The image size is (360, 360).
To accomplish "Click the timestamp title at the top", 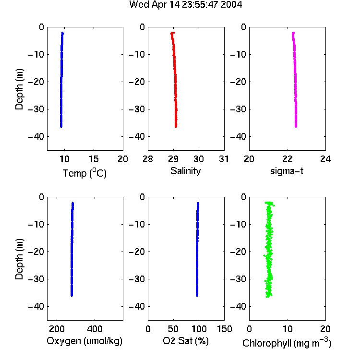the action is [x=185, y=4].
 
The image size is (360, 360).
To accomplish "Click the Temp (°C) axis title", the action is [x=84, y=173].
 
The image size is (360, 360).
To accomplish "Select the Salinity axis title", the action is [x=185, y=171].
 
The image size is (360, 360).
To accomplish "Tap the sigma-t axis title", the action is [x=287, y=171].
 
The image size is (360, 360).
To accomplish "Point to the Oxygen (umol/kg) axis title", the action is [x=84, y=341].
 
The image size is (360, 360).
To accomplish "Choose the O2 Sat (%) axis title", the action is [x=186, y=341].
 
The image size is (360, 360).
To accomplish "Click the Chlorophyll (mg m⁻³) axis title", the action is [x=287, y=343].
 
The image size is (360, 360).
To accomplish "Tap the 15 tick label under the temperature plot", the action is [x=94, y=159].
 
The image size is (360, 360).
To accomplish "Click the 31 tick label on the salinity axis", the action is [x=224, y=159].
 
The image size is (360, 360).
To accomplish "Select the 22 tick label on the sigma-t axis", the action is [x=287, y=159].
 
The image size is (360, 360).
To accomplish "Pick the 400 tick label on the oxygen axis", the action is [x=95, y=329].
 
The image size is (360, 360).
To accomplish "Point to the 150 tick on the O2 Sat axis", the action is [x=224, y=329].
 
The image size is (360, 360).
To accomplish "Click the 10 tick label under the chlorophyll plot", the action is [x=288, y=329].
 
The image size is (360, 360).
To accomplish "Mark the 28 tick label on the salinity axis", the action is [x=148, y=159].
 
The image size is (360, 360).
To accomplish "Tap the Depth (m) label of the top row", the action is [x=19, y=89].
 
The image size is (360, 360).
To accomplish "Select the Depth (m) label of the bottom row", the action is [x=19, y=259].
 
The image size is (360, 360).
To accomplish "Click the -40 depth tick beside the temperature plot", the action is [x=36, y=137].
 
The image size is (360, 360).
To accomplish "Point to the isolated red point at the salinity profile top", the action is [x=174, y=33].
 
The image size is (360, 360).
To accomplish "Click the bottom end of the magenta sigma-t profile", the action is [x=296, y=127].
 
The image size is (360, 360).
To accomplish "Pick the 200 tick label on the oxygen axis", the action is [x=57, y=329].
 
